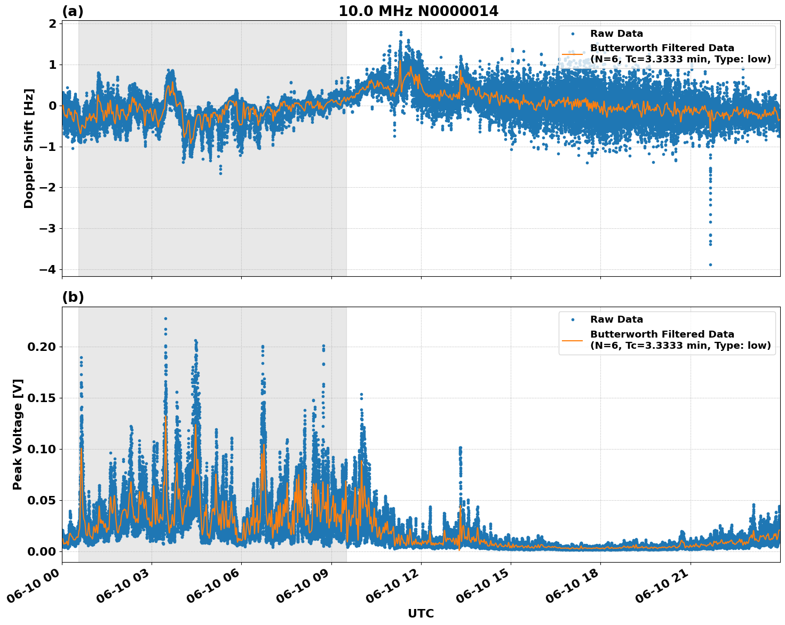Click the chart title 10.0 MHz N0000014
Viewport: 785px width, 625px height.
click(x=418, y=11)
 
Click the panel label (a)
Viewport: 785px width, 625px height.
click(x=73, y=11)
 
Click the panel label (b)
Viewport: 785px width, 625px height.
click(x=73, y=297)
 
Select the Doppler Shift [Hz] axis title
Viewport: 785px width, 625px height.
click(x=29, y=148)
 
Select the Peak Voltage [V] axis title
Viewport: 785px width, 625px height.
click(x=18, y=434)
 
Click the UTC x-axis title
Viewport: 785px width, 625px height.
click(x=421, y=613)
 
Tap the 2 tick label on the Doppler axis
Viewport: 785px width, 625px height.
click(x=53, y=24)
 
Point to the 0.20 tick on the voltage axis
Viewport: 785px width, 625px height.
click(x=42, y=347)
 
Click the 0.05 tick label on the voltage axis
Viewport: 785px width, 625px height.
click(x=42, y=500)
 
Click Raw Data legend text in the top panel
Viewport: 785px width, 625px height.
click(x=616, y=34)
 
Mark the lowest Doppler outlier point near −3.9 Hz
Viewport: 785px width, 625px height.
click(x=710, y=265)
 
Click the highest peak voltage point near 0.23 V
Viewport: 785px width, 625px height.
click(x=165, y=318)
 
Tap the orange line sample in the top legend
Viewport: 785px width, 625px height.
click(x=572, y=53)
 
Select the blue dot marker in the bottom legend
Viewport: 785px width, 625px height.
click(x=572, y=319)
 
